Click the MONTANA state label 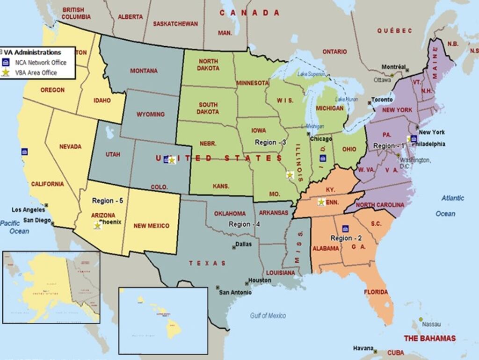pos(144,71)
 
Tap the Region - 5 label pos(107,201)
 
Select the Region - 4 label pos(244,224)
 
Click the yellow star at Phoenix pos(97,225)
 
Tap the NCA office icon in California pos(24,152)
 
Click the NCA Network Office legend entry pos(40,63)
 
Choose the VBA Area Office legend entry pos(36,72)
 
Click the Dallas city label pos(243,244)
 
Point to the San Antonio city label pos(235,293)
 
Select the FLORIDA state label pos(376,292)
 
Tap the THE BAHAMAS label pos(429,338)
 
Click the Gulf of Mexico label pos(268,316)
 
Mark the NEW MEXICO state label pos(152,226)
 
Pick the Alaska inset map pos(51,287)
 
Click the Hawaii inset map pos(163,320)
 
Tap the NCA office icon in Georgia pos(345,229)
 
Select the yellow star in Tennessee pos(321,202)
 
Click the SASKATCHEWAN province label pos(175,24)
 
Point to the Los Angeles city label pos(29,210)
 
